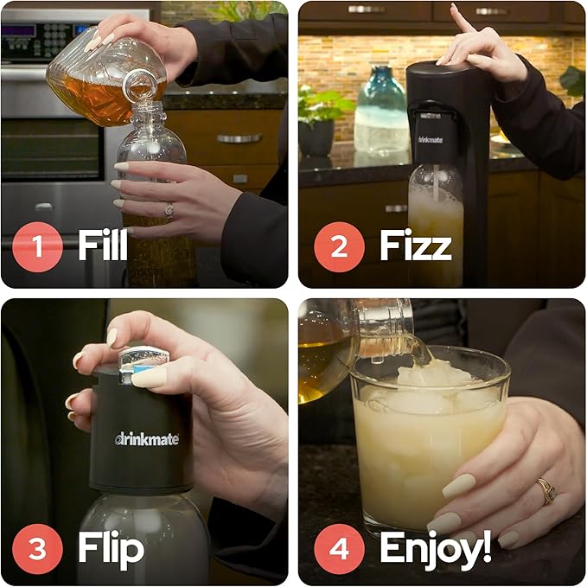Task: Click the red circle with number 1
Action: [37, 246]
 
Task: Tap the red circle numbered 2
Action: [339, 246]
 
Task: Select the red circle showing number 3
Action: [37, 549]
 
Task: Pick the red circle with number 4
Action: [339, 549]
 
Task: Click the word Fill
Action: [103, 245]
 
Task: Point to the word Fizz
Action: [416, 245]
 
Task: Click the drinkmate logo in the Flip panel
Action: [147, 439]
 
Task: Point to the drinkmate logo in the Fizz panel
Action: [431, 140]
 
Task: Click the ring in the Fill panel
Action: [169, 210]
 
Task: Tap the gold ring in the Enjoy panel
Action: [546, 491]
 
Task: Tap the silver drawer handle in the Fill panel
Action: [239, 139]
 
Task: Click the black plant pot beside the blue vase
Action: [316, 138]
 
